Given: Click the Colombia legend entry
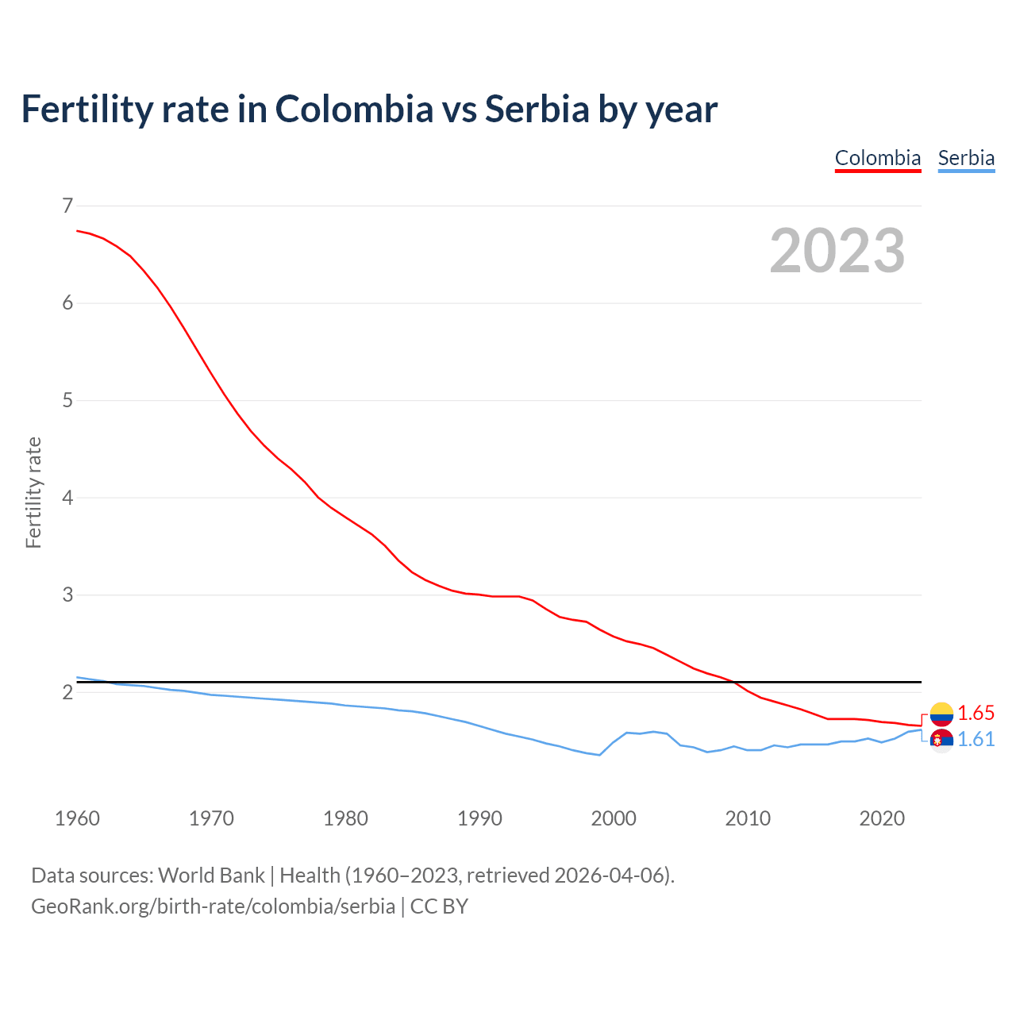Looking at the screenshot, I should [x=877, y=158].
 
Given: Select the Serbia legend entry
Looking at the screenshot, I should [x=966, y=158].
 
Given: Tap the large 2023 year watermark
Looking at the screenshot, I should [x=837, y=251].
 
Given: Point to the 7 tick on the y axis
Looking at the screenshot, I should [x=67, y=206].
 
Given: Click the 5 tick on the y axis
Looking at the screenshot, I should [x=67, y=400].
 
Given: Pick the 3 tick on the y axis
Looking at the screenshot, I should [x=67, y=595].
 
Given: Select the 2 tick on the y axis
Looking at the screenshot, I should [x=67, y=692].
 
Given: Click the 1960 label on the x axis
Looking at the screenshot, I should [x=77, y=818].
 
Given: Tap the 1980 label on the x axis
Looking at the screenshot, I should [x=345, y=818].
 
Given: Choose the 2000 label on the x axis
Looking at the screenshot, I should [x=614, y=818].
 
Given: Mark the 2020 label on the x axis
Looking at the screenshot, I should [x=882, y=818].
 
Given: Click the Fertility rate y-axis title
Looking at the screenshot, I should [x=33, y=492].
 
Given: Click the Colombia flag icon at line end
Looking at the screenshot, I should [x=941, y=714].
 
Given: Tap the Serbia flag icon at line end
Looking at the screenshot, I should [x=941, y=740].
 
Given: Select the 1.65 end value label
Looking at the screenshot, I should [x=976, y=713].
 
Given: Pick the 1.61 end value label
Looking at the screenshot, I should [x=976, y=739].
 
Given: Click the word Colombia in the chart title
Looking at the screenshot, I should [x=354, y=109].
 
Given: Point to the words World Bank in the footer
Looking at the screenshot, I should [x=211, y=876].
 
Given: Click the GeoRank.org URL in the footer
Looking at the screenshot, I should [x=213, y=906].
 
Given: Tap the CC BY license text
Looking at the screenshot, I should [x=439, y=906].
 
